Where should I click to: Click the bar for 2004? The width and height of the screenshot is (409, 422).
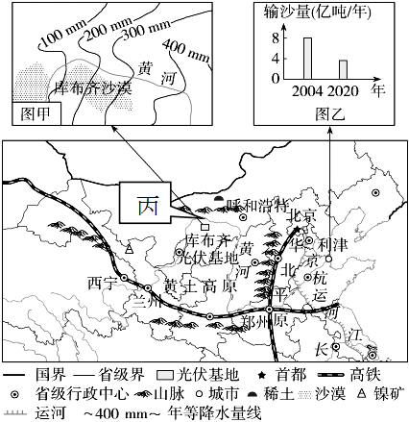pos(307,59)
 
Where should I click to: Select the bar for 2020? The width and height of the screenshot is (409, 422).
pos(343,69)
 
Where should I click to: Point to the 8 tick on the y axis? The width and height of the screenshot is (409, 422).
pos(276,38)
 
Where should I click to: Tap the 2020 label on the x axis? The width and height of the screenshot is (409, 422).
pos(343,91)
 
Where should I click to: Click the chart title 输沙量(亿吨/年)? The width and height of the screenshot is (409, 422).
pos(318,13)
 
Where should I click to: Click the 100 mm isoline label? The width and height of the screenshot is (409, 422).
pos(64,33)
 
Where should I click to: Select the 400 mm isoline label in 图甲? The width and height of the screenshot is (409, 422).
pos(186,50)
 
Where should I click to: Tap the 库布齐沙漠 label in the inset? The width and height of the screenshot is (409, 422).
pos(93,87)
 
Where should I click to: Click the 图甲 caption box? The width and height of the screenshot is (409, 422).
pos(36,113)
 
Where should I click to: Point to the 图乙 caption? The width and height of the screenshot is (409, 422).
pos(330,113)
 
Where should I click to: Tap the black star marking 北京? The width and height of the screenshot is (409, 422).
pos(298,229)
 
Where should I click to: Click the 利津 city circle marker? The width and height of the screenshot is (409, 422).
pos(329,259)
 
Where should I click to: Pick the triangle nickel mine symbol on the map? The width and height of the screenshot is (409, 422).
pos(129,249)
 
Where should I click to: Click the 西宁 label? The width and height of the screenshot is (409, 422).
pos(101,284)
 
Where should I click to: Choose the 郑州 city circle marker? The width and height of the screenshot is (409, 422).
pos(270,310)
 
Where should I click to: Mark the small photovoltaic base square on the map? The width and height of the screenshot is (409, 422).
pos(204,227)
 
